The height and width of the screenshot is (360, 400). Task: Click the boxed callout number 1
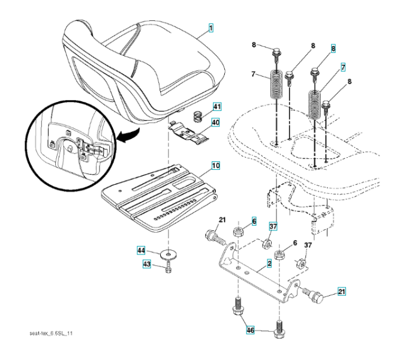(210, 28)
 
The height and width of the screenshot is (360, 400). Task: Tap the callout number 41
(216, 107)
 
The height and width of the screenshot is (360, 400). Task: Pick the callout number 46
(250, 329)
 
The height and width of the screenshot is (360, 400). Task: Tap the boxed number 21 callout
(342, 292)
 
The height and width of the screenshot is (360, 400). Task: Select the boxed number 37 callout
(273, 226)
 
